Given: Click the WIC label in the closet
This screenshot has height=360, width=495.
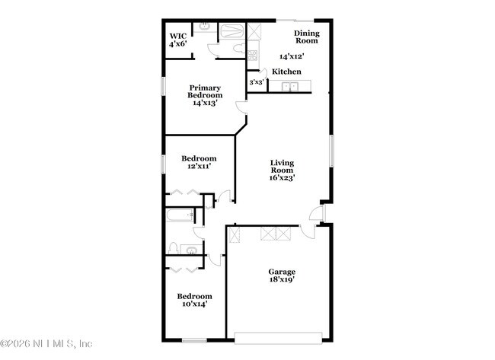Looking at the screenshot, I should tap(177, 36).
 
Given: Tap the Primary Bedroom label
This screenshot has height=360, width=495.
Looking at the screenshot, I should tap(205, 91).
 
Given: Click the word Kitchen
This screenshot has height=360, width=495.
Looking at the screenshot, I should tap(287, 72).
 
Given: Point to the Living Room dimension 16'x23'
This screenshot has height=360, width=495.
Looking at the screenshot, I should tap(283, 177).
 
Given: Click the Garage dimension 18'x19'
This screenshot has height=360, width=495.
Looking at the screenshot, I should tap(281, 279).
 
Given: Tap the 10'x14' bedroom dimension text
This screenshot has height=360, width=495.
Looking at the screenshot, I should tap(194, 304).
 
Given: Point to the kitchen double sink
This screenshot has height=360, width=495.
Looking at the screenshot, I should tap(290, 86).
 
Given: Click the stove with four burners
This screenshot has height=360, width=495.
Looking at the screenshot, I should tap(253, 54).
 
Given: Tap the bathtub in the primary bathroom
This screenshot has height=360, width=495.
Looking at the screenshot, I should tap(231, 31).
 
